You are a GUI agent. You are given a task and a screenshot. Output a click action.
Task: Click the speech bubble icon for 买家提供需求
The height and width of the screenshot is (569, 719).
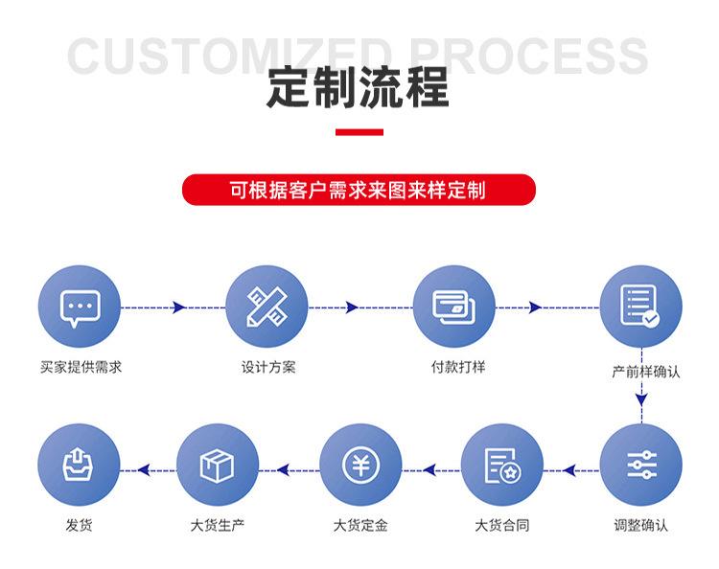click(x=81, y=308)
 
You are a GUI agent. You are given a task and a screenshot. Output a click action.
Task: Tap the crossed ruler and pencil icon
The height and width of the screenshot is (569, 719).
click(x=267, y=307)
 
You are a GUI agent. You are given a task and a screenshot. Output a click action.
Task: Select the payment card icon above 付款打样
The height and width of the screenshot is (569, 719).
click(x=454, y=307)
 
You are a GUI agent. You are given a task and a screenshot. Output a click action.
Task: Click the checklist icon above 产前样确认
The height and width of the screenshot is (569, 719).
click(x=640, y=306)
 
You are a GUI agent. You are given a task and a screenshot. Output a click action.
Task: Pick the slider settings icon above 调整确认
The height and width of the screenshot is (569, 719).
click(x=641, y=465)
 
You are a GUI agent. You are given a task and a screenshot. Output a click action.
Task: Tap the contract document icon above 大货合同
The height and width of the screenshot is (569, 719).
click(x=502, y=466)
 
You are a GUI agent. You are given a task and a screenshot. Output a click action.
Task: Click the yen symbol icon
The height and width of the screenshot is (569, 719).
click(x=360, y=465)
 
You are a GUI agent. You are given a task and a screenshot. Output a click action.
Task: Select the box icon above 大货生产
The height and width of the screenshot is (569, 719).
click(x=217, y=466)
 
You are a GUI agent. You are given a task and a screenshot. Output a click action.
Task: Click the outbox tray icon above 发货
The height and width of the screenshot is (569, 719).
click(x=78, y=464)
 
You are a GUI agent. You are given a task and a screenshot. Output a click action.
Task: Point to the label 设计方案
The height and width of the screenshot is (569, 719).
click(x=268, y=367)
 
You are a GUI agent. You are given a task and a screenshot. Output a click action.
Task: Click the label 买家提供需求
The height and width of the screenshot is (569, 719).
click(x=81, y=367)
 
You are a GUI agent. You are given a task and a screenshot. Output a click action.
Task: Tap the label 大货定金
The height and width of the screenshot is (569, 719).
click(x=360, y=525)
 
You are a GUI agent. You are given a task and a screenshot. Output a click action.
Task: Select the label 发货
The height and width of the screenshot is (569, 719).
click(x=79, y=525)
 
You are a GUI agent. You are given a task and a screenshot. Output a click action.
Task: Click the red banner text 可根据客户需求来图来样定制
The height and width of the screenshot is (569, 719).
click(x=359, y=190)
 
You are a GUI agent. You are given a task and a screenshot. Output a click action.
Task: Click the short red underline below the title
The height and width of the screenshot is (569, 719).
click(x=359, y=132)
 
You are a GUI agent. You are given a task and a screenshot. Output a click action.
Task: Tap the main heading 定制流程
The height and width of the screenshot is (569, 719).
click(x=359, y=87)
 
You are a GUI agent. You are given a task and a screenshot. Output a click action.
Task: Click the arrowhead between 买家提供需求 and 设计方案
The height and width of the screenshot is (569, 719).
click(x=179, y=307)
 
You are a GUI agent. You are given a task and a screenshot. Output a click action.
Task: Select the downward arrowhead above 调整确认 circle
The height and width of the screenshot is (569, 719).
click(x=641, y=398)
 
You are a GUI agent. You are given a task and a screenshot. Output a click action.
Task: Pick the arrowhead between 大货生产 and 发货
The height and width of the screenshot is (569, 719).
click(x=144, y=469)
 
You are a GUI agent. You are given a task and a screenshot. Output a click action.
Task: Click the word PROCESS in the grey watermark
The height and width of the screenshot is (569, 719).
click(x=528, y=57)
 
